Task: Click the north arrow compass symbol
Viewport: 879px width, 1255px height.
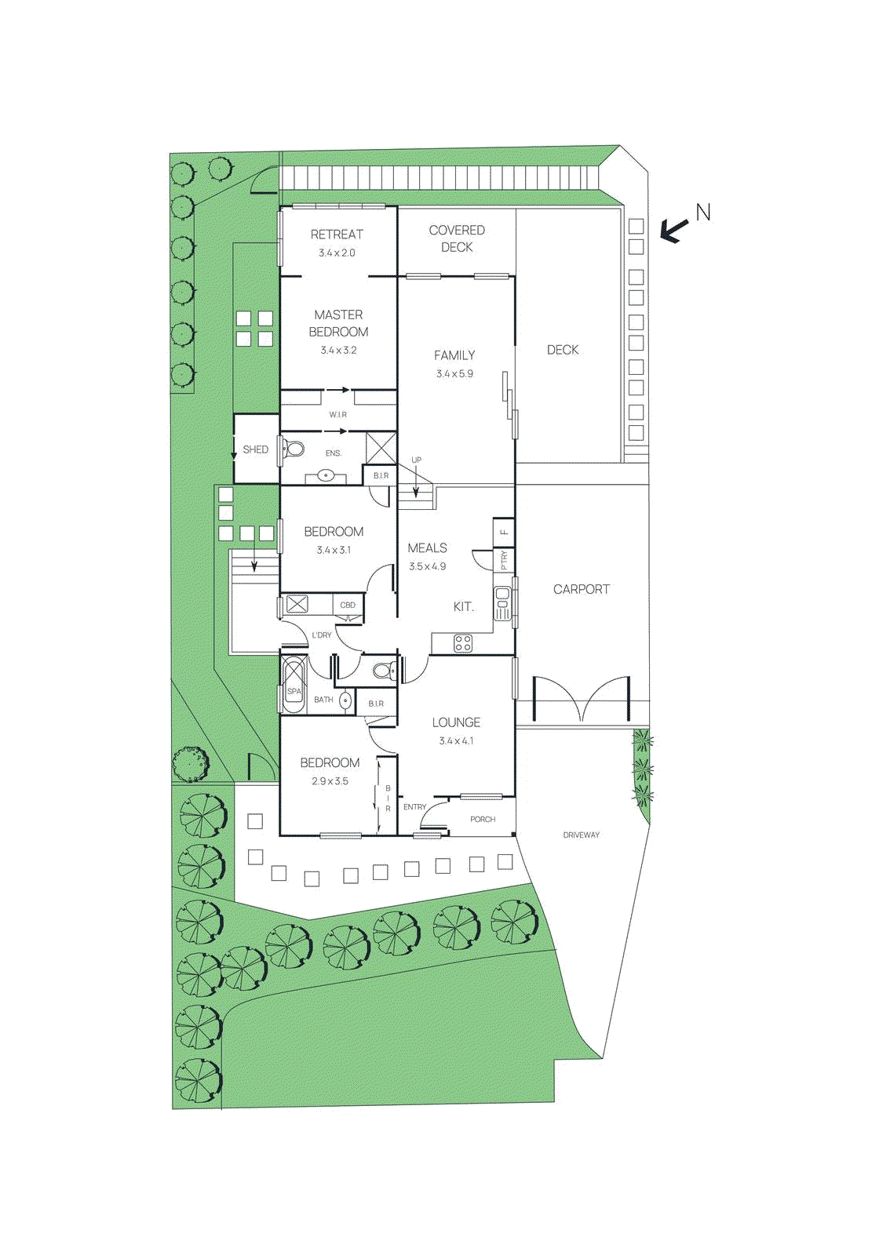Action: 673,229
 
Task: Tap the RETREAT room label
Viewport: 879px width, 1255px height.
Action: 337,234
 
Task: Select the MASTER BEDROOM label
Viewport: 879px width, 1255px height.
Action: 338,323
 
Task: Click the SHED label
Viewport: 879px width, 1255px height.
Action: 255,449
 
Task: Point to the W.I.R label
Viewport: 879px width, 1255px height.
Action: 337,414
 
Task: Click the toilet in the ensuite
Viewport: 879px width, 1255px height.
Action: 295,449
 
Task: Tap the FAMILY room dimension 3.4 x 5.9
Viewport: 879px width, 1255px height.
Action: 454,374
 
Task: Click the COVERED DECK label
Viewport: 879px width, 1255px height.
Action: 457,238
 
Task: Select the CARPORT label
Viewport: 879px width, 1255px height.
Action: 581,589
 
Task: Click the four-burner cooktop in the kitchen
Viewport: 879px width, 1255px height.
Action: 463,643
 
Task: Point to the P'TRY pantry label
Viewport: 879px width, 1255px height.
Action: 504,560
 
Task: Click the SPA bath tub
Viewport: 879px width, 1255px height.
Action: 294,685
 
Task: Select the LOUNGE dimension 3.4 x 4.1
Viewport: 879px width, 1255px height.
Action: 456,740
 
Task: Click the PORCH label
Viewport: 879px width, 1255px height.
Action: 483,819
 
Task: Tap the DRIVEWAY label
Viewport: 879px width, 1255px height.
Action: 581,835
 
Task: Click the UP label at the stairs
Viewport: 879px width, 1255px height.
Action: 416,460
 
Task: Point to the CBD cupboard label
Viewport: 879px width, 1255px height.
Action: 348,605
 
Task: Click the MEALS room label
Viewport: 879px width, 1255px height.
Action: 427,547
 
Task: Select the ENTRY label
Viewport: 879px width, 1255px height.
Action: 414,807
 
